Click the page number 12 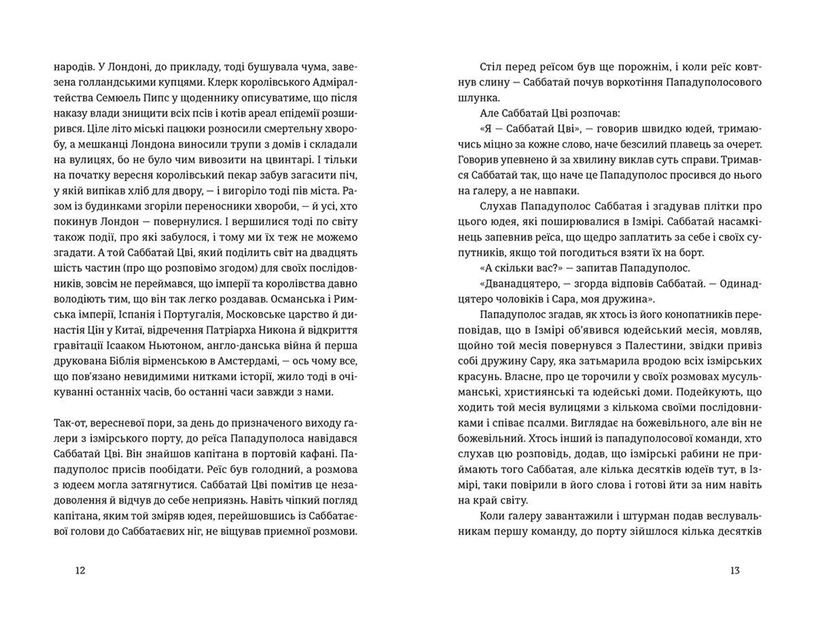80,570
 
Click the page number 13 735,570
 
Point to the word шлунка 479,98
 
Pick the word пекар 241,175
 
